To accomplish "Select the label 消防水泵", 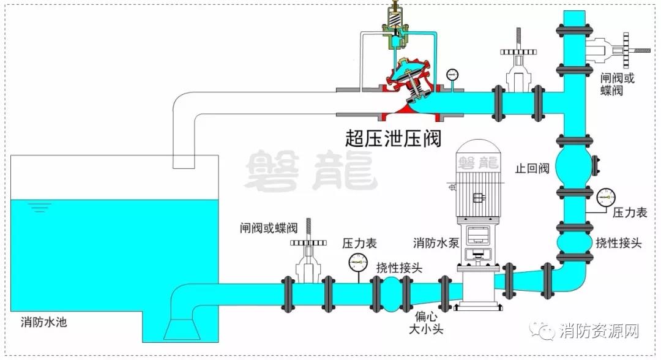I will tap(436, 242).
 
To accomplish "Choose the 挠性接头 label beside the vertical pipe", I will tap(619, 242).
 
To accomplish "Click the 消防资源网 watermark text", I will tap(599, 331).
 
